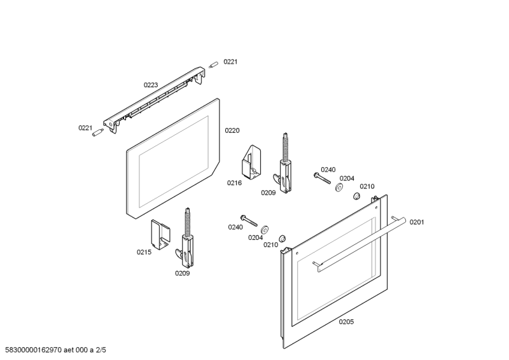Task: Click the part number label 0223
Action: (x=151, y=84)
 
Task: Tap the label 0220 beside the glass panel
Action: (x=232, y=130)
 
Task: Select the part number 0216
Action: (x=234, y=183)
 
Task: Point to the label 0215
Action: (x=144, y=252)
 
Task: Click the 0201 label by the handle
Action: (x=417, y=222)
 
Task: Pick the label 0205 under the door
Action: (x=346, y=322)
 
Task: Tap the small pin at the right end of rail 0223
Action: (x=214, y=64)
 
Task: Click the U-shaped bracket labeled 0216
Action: (x=251, y=162)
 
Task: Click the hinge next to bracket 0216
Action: (x=284, y=164)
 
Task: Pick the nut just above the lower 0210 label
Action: (x=282, y=238)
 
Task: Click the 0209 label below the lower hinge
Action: (x=183, y=273)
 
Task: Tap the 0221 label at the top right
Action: (x=230, y=62)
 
